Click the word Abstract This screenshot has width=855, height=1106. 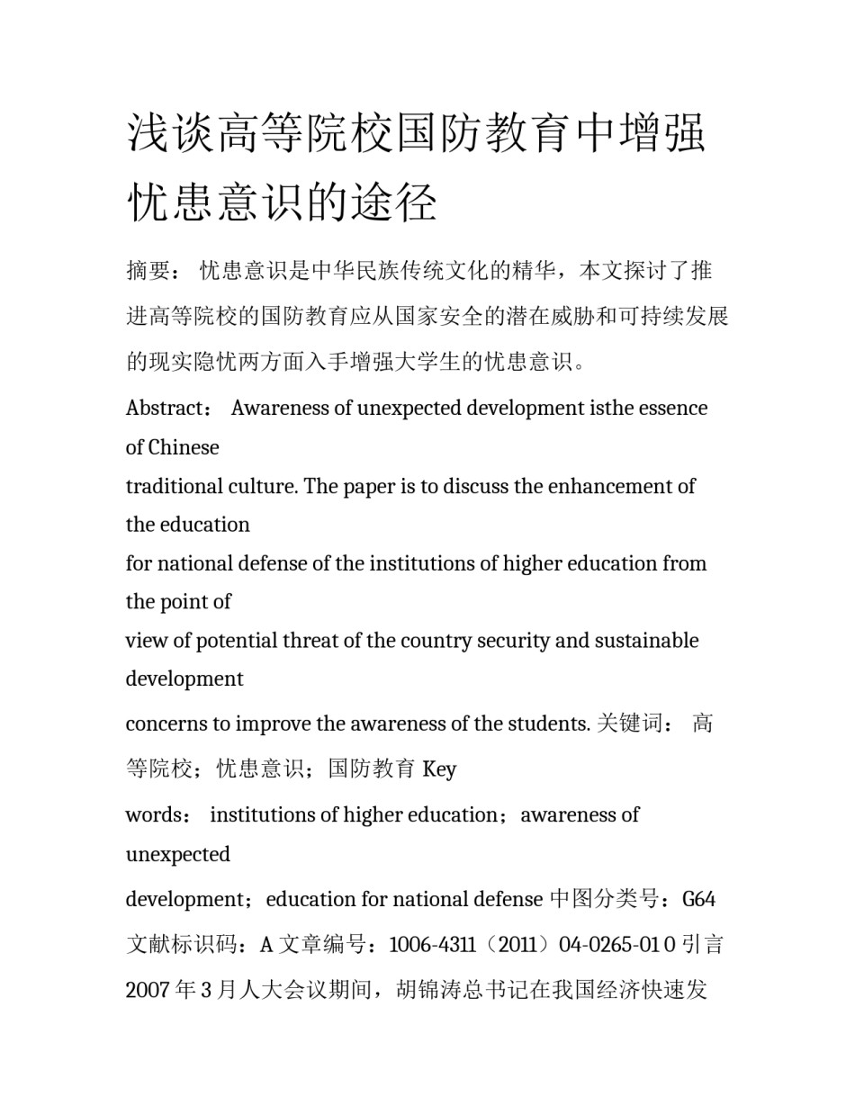165,408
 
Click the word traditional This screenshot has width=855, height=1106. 173,486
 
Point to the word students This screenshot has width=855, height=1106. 548,724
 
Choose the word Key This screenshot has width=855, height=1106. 439,769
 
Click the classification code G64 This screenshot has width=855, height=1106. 698,899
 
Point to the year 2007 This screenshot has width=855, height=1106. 148,991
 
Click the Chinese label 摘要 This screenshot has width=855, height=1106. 148,271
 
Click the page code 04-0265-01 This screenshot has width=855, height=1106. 610,945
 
